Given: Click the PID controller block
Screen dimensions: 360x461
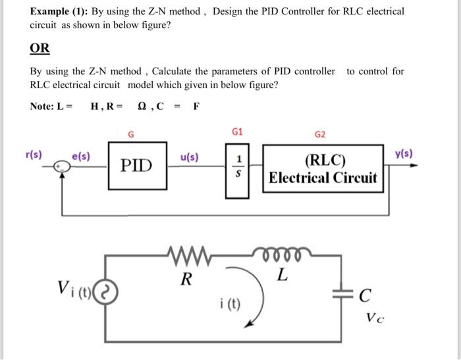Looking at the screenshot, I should tap(137, 165).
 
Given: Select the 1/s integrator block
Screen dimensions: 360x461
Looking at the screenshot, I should tap(238, 169).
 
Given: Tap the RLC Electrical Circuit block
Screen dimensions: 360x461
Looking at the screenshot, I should tap(323, 169).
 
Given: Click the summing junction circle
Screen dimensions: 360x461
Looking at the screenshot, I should tap(62, 167).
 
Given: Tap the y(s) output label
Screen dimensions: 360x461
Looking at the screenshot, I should tap(404, 153).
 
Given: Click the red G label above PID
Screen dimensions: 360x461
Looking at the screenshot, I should tap(131, 135).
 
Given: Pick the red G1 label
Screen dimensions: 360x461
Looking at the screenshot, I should tap(238, 132).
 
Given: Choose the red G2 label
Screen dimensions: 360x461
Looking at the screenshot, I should tap(320, 134).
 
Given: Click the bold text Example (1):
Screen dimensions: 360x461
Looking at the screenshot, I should tap(60, 11).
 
